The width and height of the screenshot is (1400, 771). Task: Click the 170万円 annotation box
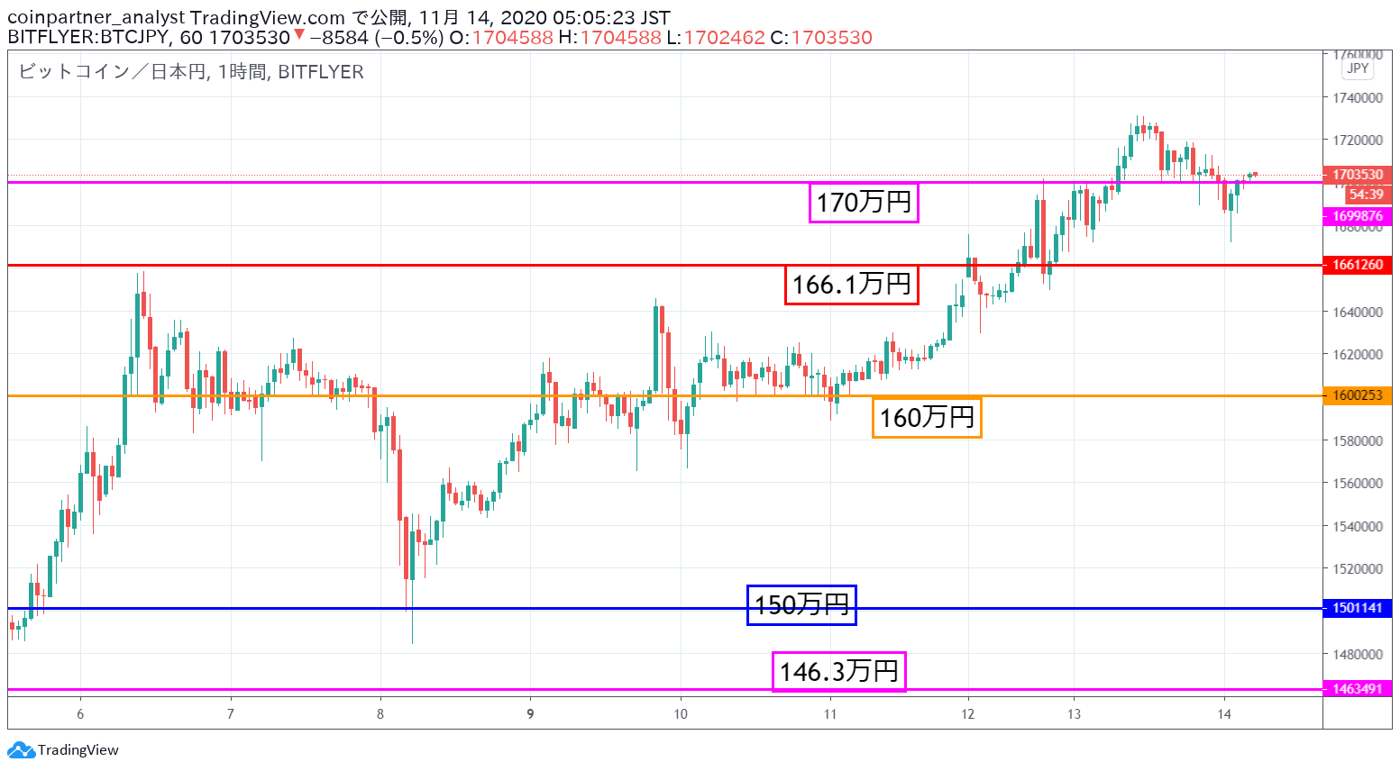click(x=864, y=203)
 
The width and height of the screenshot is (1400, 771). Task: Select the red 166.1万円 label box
click(x=851, y=286)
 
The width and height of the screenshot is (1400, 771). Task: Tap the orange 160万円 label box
click(x=927, y=417)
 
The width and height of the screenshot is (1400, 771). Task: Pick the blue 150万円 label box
click(x=801, y=605)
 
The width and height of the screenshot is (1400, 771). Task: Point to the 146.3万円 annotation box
click(x=838, y=672)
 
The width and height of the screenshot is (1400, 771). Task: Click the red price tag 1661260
click(x=1358, y=265)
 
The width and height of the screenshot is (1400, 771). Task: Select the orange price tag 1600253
click(x=1358, y=395)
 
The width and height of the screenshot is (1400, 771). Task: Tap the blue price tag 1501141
click(x=1358, y=608)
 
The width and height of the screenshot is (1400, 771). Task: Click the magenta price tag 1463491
click(x=1358, y=689)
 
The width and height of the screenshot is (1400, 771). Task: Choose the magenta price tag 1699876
click(x=1358, y=216)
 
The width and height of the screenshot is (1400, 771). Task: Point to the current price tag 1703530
click(x=1358, y=174)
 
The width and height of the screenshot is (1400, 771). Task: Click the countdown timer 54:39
click(x=1367, y=195)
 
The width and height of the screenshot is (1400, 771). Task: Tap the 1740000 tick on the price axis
click(x=1358, y=98)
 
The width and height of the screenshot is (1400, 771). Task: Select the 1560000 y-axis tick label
click(x=1358, y=483)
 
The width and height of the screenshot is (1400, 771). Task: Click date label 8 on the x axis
click(x=380, y=714)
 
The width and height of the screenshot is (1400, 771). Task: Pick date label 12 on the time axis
click(x=967, y=714)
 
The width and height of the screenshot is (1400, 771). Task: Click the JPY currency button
click(x=1358, y=68)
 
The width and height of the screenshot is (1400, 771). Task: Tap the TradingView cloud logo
click(x=22, y=749)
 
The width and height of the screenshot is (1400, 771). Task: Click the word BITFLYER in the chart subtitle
click(x=321, y=72)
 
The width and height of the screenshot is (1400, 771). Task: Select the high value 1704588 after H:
click(x=620, y=38)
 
